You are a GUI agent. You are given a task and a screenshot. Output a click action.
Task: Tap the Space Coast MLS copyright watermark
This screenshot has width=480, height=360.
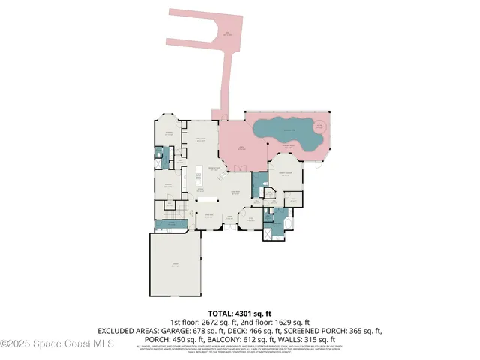tap(57, 343)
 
